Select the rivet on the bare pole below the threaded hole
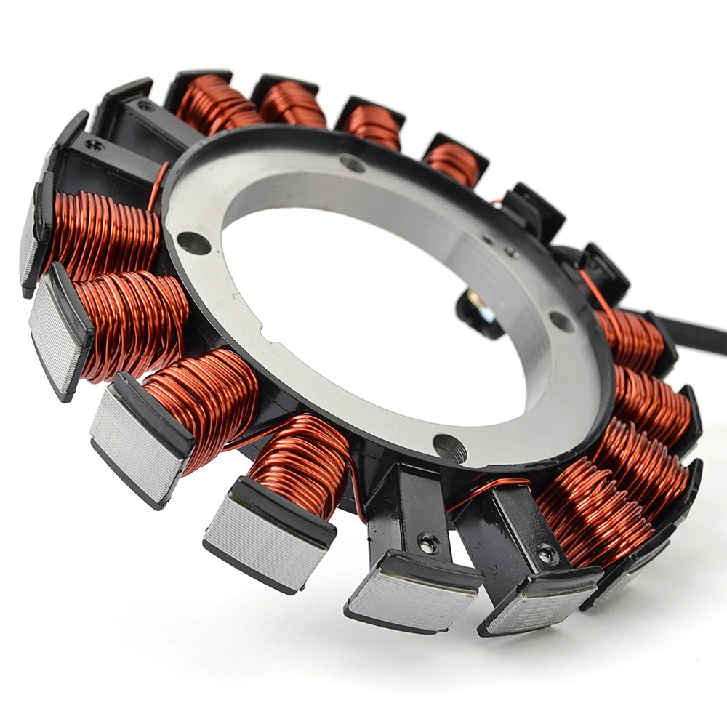(x=427, y=541)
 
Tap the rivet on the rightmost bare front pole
(x=547, y=554)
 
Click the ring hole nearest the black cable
(x=561, y=320)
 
